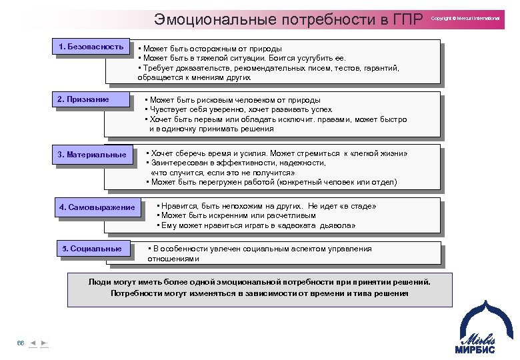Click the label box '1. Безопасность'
[91, 47]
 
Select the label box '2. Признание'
[91, 100]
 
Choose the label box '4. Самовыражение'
[97, 207]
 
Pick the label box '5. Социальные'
[92, 249]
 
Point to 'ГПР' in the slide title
[406, 20]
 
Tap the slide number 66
[21, 343]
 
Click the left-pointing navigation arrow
[33, 343]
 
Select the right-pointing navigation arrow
[44, 343]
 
